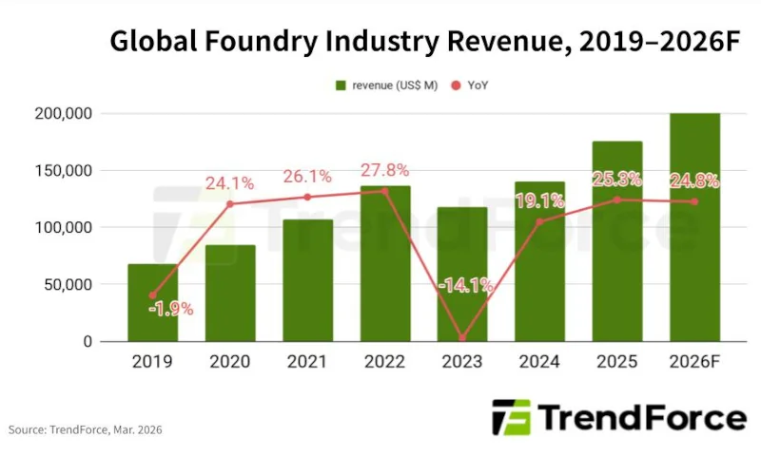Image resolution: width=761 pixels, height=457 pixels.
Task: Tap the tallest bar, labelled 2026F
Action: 694,227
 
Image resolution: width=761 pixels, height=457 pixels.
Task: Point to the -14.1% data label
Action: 464,284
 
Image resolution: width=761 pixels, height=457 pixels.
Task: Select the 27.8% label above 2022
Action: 384,171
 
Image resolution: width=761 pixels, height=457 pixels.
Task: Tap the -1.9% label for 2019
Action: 171,308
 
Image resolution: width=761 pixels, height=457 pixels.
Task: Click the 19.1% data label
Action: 539,200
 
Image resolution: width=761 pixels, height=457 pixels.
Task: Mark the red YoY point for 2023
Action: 462,337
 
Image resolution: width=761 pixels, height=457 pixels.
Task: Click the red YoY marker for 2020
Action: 230,203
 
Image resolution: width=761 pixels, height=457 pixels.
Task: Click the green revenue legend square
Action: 340,86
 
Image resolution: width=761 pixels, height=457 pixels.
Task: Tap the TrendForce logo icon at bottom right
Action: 511,417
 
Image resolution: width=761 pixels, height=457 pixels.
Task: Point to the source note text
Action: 86,430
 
